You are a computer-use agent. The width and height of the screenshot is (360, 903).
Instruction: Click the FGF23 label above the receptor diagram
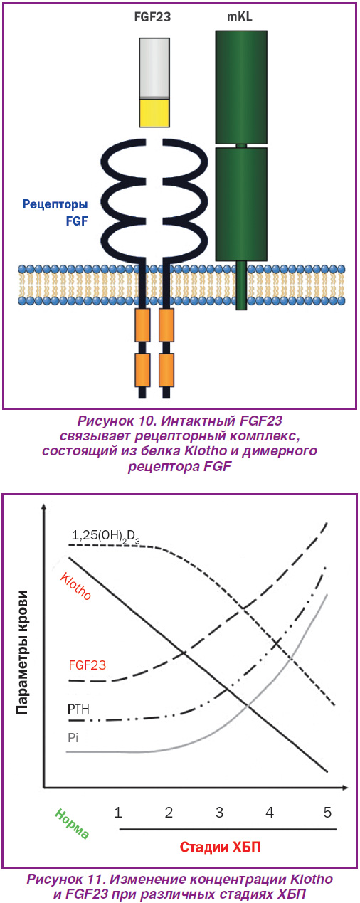(152, 17)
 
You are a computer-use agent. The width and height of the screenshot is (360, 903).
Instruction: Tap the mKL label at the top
(240, 17)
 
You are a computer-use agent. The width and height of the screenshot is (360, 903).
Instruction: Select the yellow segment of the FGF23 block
(154, 113)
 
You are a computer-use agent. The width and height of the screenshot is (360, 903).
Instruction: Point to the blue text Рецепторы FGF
(55, 212)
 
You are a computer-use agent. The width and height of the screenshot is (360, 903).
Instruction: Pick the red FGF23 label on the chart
(87, 665)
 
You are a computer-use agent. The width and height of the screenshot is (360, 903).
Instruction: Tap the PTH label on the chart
(78, 709)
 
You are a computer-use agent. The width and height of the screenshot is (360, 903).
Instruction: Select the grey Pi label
(73, 737)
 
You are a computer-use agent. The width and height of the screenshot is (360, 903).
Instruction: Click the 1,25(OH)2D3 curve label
(105, 536)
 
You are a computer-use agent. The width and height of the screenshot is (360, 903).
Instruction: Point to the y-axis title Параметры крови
(23, 652)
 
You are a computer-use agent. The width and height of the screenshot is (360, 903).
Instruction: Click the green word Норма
(72, 823)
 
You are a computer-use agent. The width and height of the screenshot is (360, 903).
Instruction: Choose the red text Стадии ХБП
(220, 847)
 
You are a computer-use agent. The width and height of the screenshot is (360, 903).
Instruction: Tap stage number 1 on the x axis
(117, 812)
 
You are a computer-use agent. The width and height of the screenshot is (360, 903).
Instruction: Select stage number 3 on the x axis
(219, 812)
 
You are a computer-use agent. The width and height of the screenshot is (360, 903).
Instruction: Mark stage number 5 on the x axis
(327, 812)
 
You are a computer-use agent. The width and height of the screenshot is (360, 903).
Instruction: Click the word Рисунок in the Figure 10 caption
(105, 421)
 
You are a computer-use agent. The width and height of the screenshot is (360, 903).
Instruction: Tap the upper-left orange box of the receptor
(142, 325)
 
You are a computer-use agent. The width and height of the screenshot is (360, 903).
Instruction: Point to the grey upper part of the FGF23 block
(154, 68)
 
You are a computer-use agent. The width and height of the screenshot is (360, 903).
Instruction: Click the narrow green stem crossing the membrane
(241, 285)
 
